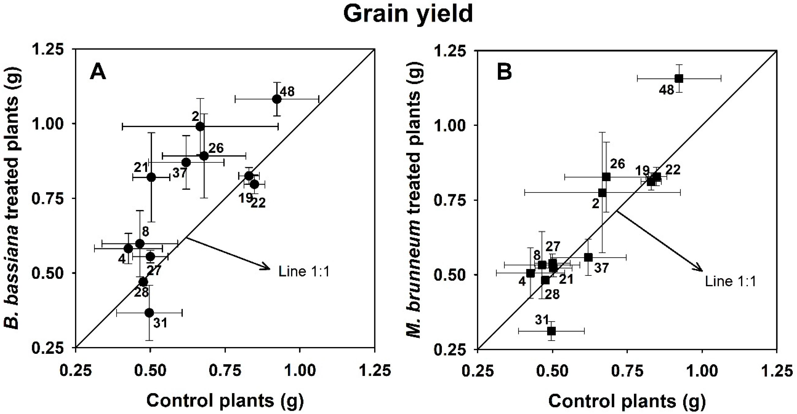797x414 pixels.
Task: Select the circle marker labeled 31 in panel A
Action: [149, 313]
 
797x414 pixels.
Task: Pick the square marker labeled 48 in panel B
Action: [679, 78]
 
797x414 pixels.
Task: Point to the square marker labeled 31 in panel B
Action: [551, 331]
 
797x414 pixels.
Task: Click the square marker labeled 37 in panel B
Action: [588, 257]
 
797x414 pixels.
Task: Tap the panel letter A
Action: [98, 73]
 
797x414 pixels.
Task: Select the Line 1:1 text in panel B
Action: [730, 282]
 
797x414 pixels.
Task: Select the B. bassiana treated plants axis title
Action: [11, 198]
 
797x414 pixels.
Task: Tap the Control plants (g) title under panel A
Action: [225, 401]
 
